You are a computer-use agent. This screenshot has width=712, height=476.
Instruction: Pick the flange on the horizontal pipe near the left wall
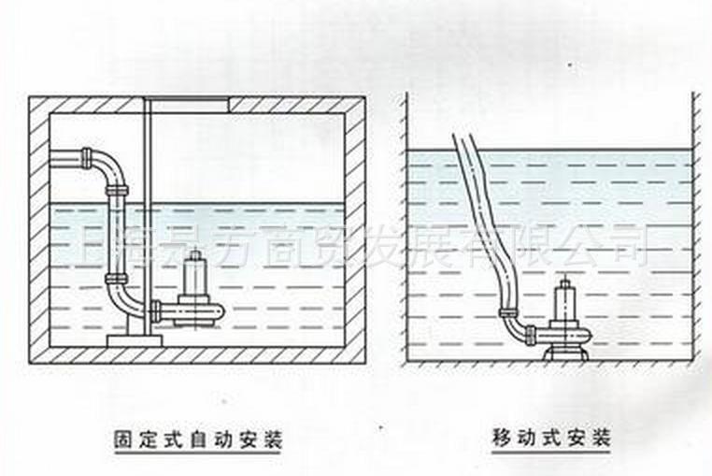(86, 154)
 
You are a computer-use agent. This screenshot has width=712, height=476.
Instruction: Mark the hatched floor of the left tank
(196, 354)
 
